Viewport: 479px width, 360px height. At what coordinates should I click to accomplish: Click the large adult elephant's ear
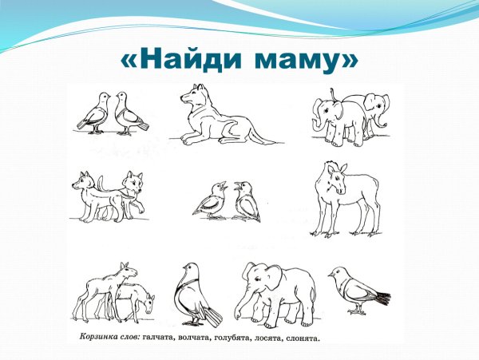pyautogui.click(x=265, y=279)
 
